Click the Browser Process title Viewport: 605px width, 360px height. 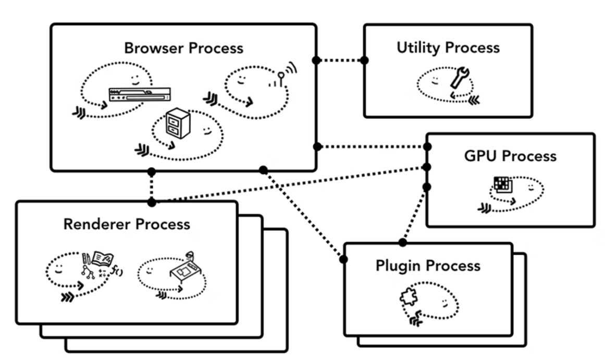click(183, 48)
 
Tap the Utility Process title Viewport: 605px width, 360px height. click(448, 48)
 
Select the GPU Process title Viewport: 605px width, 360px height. click(510, 156)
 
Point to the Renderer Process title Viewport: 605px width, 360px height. click(127, 225)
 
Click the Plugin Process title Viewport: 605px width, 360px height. click(428, 266)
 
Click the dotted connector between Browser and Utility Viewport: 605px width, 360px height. click(340, 60)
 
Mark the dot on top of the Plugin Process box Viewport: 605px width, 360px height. click(402, 242)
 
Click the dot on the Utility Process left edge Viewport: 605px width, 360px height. click(364, 60)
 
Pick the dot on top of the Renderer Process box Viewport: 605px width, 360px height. click(151, 202)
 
